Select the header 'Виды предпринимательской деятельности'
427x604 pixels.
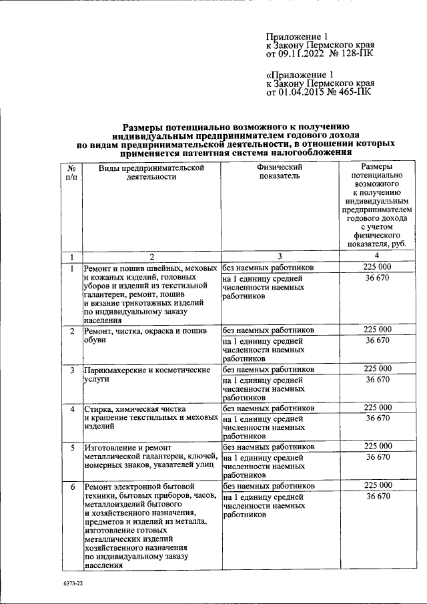pos(151,172)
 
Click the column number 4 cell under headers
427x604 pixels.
pos(377,257)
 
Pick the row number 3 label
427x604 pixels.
pos(71,370)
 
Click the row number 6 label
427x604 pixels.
pos(71,487)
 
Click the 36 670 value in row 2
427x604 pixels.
pos(377,340)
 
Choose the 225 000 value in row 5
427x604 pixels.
pos(377,446)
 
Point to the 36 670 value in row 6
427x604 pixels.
pos(377,497)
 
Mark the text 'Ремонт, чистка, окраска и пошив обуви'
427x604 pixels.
pos(149,335)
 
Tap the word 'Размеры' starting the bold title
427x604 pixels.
pos(144,125)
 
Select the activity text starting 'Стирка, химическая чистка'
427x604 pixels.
pos(150,418)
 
